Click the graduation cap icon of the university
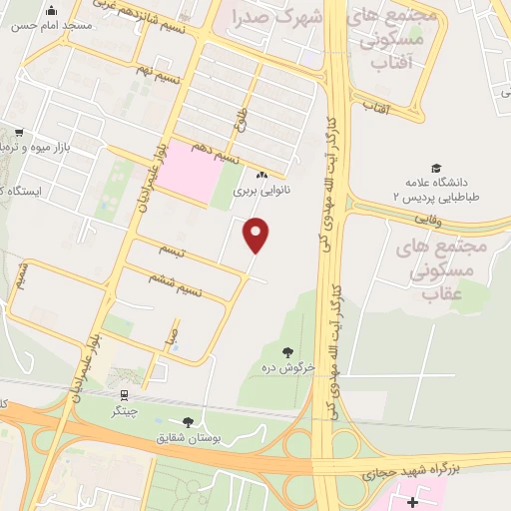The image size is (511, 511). (x=435, y=169)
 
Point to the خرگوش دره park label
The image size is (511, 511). (x=289, y=367)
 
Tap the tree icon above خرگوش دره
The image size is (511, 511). (x=288, y=351)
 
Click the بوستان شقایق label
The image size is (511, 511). (x=184, y=438)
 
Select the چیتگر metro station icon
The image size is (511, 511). (x=124, y=395)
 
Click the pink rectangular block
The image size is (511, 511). (x=194, y=172)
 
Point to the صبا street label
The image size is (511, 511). (x=173, y=335)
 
